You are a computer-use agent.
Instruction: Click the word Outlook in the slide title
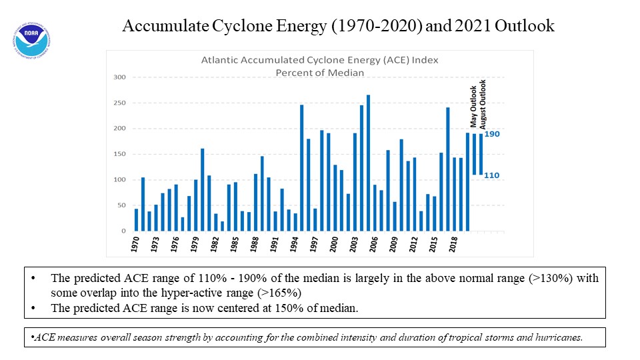click(x=525, y=26)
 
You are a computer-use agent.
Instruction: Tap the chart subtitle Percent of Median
click(x=319, y=73)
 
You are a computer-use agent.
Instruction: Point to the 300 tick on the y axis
click(x=119, y=77)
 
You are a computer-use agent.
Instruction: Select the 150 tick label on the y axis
click(x=119, y=154)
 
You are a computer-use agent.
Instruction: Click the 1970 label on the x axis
click(x=135, y=244)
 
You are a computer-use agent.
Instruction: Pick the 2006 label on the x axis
click(x=373, y=244)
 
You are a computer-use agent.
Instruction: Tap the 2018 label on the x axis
click(x=453, y=244)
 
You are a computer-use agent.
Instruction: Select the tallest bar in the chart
click(x=368, y=163)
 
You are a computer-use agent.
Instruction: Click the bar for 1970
click(x=136, y=220)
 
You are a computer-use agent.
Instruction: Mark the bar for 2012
click(x=414, y=194)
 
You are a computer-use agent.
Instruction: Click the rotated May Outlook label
click(x=473, y=107)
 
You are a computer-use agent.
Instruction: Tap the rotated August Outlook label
click(x=483, y=105)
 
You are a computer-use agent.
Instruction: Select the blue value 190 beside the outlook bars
click(x=492, y=134)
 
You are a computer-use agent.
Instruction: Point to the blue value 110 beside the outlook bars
click(x=492, y=175)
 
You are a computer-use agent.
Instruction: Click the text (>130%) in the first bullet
click(x=551, y=279)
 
